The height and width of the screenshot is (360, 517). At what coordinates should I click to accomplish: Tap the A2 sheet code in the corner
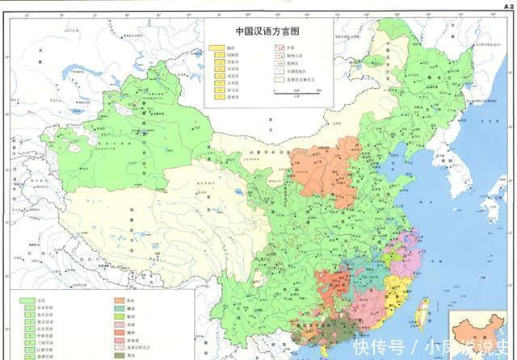(x=507, y=4)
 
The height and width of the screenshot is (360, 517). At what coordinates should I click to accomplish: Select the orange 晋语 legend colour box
(x=120, y=299)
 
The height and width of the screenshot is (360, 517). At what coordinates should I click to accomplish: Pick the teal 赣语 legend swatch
(x=120, y=308)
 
